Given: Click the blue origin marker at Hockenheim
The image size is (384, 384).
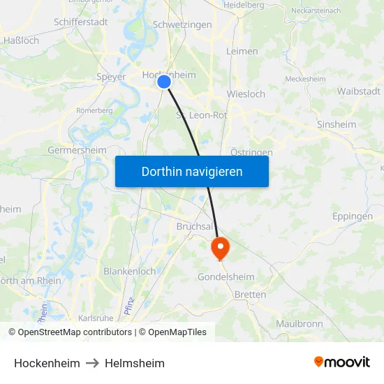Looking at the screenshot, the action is [164, 82].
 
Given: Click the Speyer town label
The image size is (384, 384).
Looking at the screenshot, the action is [112, 77].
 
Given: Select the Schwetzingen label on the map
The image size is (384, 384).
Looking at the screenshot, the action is [182, 24].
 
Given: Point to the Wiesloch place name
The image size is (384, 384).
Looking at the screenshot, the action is [246, 94].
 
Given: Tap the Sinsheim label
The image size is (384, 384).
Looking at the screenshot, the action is [337, 124].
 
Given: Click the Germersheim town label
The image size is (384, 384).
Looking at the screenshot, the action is [77, 150].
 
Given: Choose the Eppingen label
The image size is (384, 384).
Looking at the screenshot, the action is [353, 216].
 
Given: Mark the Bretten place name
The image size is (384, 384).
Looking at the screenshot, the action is [250, 295].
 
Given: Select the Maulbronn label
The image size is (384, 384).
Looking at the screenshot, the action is [299, 324].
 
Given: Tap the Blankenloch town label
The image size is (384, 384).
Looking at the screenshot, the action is [130, 271].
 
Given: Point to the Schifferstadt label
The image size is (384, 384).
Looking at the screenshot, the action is [80, 22].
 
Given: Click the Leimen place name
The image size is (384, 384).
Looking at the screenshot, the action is [242, 51].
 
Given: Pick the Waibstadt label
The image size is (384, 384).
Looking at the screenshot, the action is [358, 91].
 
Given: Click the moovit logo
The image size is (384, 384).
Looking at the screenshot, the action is [342, 362].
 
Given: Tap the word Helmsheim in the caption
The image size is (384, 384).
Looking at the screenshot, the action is [135, 363].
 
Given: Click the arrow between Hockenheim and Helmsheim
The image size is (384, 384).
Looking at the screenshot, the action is [92, 363].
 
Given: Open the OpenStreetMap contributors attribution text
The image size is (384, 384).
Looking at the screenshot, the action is [75, 332].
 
